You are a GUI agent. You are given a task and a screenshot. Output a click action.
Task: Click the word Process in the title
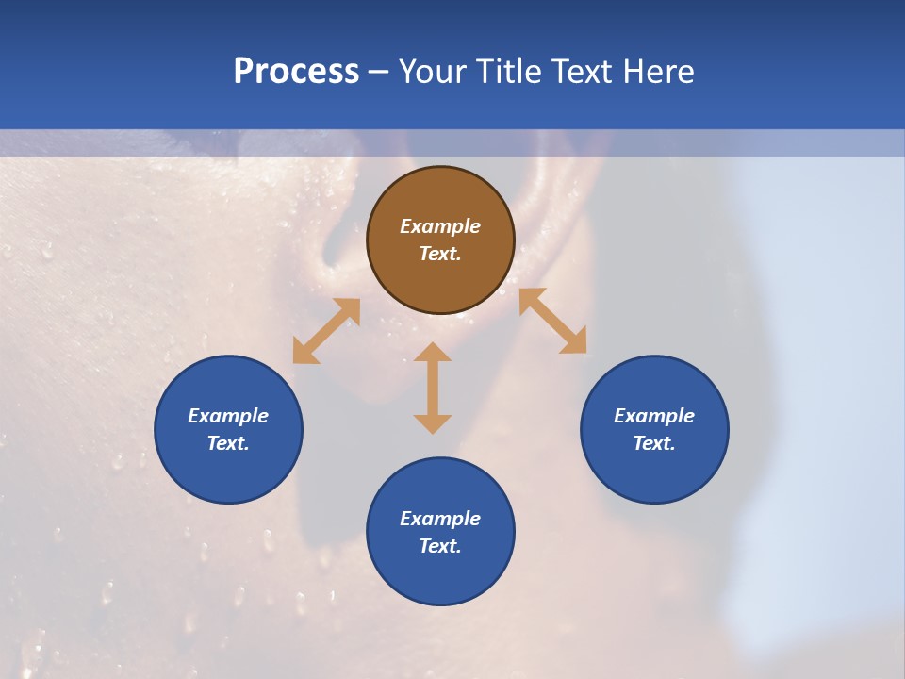click(x=296, y=72)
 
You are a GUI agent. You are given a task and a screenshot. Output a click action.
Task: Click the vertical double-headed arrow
click(x=433, y=388)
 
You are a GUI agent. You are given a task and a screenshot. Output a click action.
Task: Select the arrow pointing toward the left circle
click(x=326, y=331)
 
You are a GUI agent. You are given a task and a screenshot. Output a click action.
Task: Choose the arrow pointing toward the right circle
click(x=552, y=321)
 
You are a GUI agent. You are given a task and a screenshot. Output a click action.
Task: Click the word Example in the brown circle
click(x=440, y=226)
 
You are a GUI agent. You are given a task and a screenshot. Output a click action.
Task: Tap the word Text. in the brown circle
click(x=440, y=254)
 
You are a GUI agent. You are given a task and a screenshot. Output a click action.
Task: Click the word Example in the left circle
click(x=228, y=416)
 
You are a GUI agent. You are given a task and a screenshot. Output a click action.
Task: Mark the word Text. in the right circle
click(x=654, y=443)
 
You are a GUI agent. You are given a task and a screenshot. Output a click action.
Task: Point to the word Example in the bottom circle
click(x=440, y=519)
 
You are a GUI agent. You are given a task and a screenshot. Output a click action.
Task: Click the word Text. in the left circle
click(x=228, y=443)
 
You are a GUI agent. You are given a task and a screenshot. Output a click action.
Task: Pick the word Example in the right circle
click(x=654, y=416)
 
